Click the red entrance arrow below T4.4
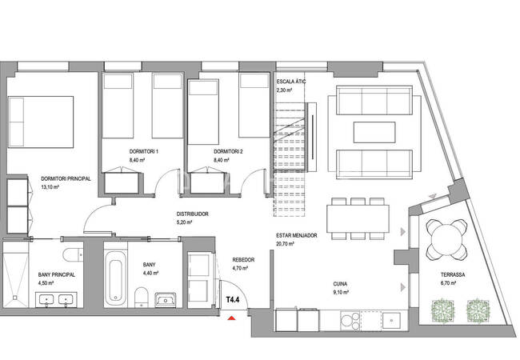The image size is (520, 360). [231, 318]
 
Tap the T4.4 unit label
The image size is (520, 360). [233, 300]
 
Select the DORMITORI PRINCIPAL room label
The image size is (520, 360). [66, 178]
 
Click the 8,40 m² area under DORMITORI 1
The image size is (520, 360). [137, 160]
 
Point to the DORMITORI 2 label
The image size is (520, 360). [228, 152]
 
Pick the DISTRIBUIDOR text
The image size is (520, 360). [192, 214]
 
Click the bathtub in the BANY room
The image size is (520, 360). [115, 278]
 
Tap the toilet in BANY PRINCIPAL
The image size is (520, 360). [73, 254]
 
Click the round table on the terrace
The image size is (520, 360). [446, 239]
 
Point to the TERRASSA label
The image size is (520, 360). [453, 275]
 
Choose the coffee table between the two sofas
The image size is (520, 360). [374, 132]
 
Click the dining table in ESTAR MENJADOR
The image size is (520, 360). [358, 218]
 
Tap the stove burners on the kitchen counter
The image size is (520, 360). [350, 321]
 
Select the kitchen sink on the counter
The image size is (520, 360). [391, 321]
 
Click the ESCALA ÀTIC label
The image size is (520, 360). [291, 82]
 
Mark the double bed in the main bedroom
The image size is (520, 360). [41, 122]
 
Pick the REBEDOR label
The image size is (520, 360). [243, 260]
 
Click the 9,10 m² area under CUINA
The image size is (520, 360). [341, 292]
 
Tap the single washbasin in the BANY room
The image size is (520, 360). [166, 300]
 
